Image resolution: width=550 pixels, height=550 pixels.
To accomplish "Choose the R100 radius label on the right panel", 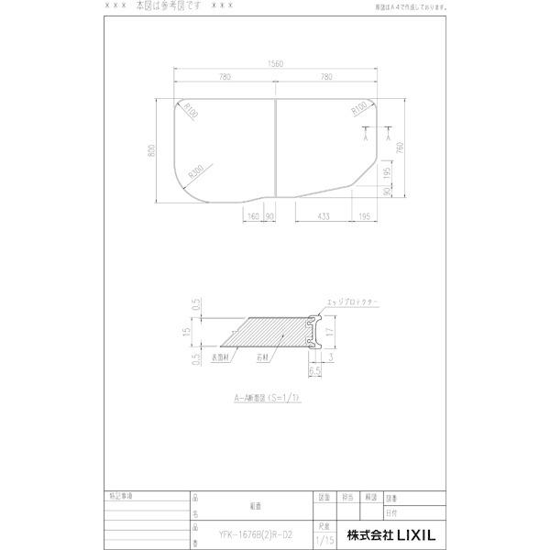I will pos(358,110).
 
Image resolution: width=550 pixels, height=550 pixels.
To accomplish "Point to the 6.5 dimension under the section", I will pos(313,371).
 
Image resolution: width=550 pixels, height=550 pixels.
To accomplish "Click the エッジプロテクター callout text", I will pos(352,302).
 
